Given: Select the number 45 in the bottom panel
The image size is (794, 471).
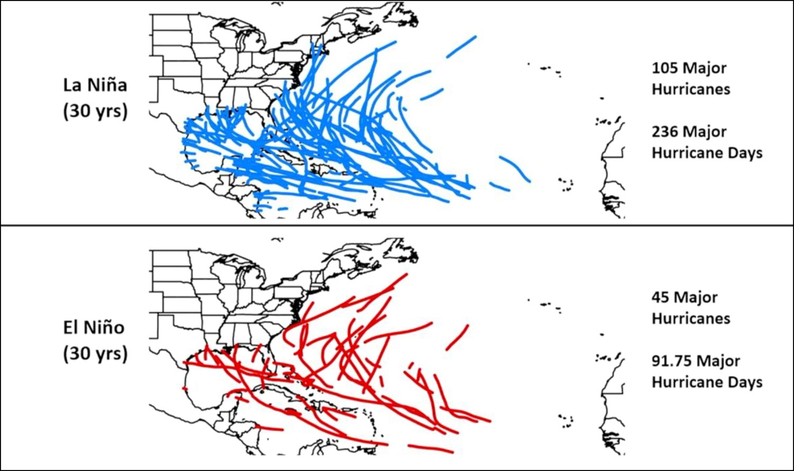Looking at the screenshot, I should [661, 298].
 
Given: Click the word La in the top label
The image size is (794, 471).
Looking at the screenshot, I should [71, 85].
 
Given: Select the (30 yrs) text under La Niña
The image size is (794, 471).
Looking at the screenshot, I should [95, 111].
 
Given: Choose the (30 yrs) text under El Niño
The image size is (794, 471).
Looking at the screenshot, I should [95, 353].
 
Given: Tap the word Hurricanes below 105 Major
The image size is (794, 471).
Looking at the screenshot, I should [691, 90].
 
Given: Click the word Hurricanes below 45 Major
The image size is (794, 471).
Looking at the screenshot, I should [691, 319].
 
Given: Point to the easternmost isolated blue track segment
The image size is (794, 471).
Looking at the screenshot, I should [516, 168].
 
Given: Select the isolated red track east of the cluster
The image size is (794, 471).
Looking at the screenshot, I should [458, 337].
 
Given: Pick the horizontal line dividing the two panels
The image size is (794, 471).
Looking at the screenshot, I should [397, 226].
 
